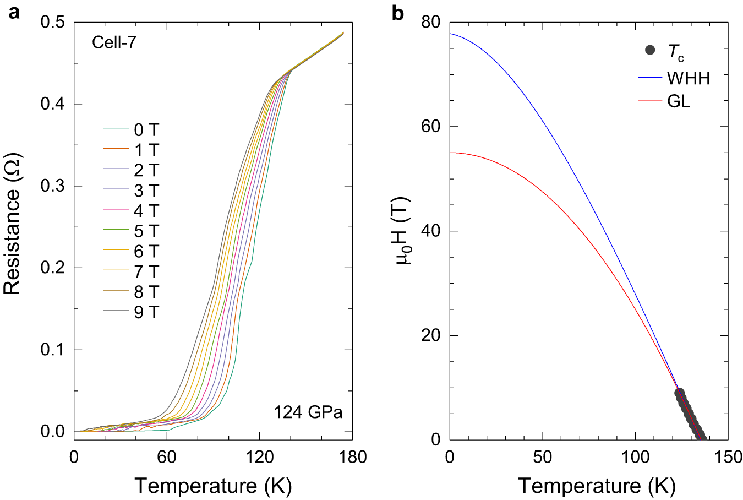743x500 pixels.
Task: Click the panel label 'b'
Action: click(x=397, y=12)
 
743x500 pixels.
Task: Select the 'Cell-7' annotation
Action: click(x=114, y=42)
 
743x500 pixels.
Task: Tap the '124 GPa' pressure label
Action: click(x=308, y=412)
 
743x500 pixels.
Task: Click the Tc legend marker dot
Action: click(x=650, y=50)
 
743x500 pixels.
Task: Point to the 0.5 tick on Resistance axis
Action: click(x=53, y=23)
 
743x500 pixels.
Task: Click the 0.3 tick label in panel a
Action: click(x=53, y=186)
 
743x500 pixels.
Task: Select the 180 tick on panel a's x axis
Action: click(x=352, y=458)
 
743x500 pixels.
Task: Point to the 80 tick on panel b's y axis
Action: click(x=431, y=23)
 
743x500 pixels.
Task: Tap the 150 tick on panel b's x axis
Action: click(x=728, y=458)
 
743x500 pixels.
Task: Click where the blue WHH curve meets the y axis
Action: click(x=450, y=34)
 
